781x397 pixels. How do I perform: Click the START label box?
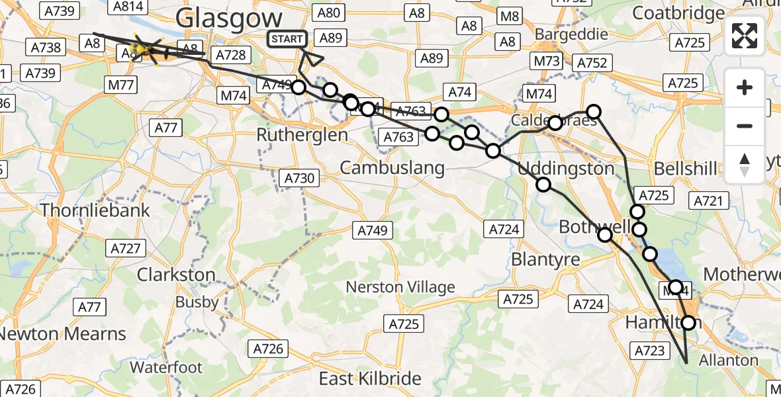287,39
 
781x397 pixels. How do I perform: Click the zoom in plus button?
745,87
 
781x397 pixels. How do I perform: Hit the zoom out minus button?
745,126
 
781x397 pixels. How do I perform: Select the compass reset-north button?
745,164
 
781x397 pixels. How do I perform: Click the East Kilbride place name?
370,378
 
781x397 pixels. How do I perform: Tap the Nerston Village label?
400,287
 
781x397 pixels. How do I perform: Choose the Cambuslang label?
392,168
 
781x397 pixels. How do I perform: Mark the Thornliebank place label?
95,210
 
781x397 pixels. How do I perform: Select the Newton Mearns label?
63,333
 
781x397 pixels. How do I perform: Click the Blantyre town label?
545,259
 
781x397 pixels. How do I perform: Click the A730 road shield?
299,178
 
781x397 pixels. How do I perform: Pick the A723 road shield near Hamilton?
650,350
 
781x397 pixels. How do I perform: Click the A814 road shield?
128,6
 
